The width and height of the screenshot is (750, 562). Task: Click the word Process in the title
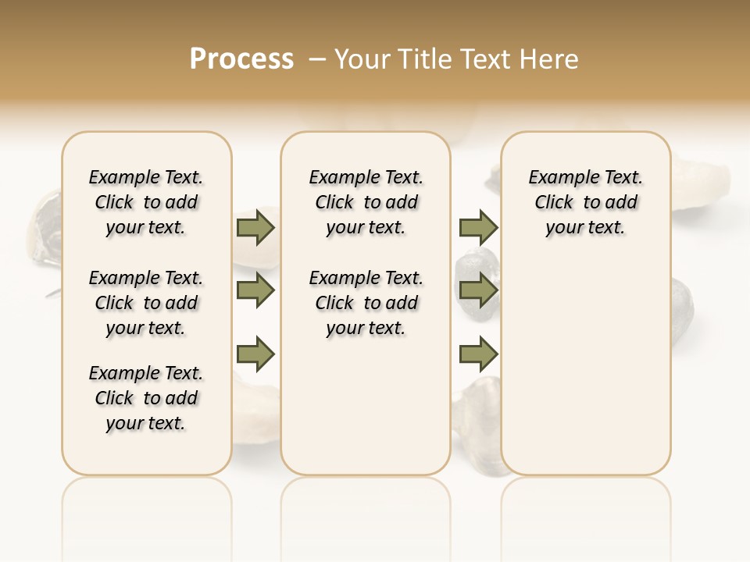[x=241, y=59]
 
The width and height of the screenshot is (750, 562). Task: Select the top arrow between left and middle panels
[x=255, y=227]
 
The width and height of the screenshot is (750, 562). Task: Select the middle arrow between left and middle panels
[x=255, y=291]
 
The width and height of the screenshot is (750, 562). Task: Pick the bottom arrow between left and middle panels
[x=255, y=354]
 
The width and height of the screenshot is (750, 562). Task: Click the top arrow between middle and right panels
[x=478, y=227]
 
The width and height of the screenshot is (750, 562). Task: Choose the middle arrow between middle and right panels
[x=478, y=291]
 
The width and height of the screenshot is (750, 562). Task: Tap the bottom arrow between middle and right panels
[x=478, y=354]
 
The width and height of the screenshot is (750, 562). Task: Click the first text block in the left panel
[x=146, y=202]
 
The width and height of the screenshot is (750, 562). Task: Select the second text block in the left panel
[x=146, y=303]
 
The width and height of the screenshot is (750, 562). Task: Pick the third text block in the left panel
[x=146, y=398]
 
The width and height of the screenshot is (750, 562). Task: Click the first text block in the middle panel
[x=366, y=202]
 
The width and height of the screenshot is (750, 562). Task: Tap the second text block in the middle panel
[x=366, y=303]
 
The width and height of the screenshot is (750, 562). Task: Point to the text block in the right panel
[x=586, y=202]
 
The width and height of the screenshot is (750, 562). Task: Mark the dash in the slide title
[x=317, y=59]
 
